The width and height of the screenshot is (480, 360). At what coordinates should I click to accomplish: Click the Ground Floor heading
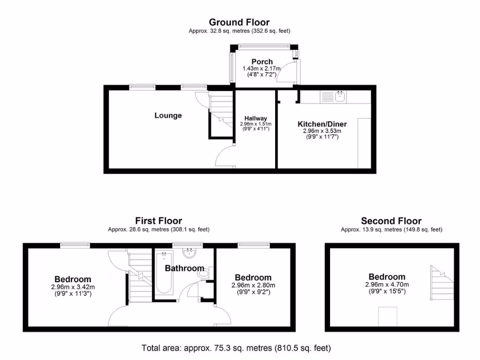tap(239, 22)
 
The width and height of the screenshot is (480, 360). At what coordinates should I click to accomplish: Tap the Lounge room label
tap(168, 115)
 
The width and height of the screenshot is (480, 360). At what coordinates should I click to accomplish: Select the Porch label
tap(262, 62)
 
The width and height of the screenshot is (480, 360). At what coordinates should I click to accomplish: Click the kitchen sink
tap(339, 97)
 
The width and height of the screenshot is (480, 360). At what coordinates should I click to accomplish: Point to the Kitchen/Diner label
tap(322, 124)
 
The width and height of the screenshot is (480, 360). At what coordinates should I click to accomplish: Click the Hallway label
tap(255, 118)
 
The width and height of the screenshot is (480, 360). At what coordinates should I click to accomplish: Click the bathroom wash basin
tap(190, 254)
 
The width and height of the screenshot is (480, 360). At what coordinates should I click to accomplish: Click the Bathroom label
tap(184, 269)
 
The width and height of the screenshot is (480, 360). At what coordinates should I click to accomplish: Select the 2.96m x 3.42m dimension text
tap(73, 287)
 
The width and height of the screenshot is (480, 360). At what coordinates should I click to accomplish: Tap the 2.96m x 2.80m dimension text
tap(253, 285)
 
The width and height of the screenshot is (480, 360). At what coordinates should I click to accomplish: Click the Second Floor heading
tap(391, 221)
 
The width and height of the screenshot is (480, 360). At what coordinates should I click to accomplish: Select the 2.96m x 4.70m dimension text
tap(387, 285)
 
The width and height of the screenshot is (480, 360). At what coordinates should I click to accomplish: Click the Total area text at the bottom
tap(236, 348)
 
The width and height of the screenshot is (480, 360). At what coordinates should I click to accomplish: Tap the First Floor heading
tap(158, 221)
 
